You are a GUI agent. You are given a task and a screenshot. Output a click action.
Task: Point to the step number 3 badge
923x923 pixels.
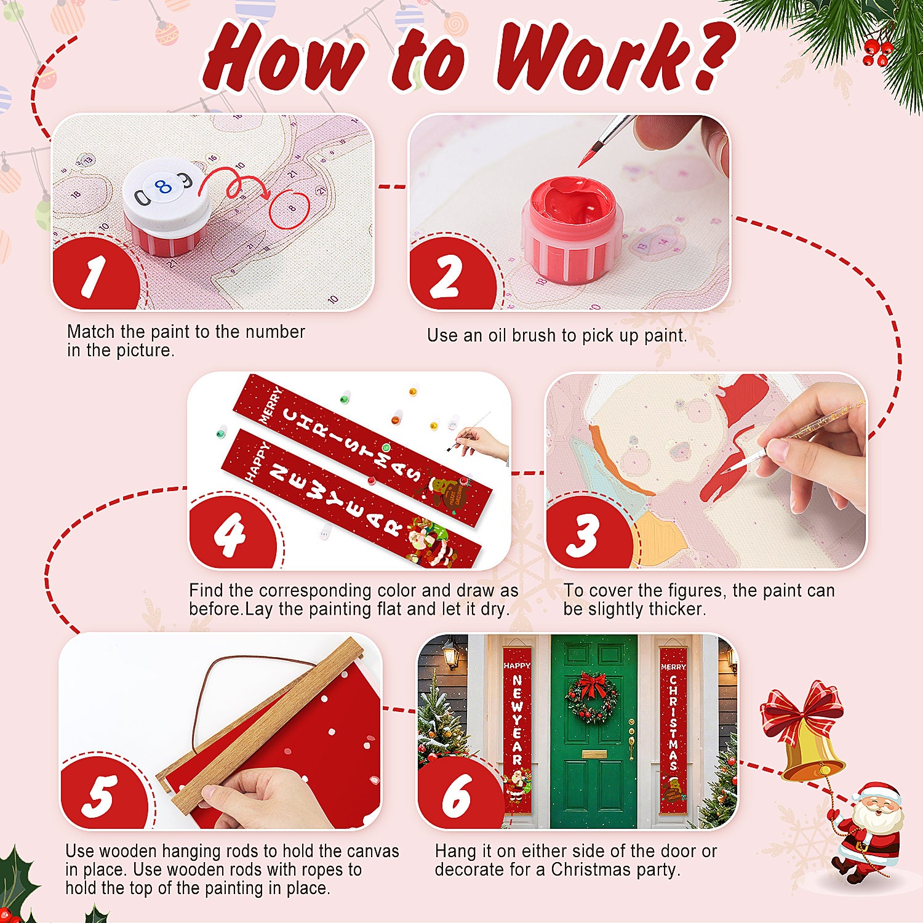tap(583, 535)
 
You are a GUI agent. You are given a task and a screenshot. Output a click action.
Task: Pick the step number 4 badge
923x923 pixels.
tap(230, 534)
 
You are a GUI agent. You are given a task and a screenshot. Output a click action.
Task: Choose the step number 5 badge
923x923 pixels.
tap(100, 796)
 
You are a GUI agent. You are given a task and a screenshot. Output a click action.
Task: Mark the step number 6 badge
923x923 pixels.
tap(457, 796)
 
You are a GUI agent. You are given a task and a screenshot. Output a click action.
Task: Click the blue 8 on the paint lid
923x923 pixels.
tap(164, 187)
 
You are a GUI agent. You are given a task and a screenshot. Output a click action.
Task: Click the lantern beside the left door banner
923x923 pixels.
tap(451, 655)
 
